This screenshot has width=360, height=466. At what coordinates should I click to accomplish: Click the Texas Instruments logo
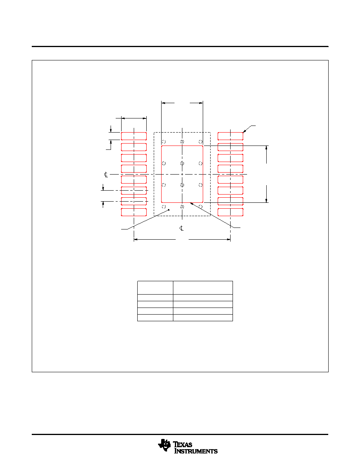click(x=188, y=447)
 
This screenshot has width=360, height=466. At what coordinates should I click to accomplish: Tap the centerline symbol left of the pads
click(x=106, y=175)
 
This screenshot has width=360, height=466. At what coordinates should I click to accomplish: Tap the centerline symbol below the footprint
click(x=182, y=228)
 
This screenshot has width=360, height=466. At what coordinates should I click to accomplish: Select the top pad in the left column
click(x=134, y=136)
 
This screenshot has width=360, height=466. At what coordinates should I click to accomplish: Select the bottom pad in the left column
click(x=134, y=212)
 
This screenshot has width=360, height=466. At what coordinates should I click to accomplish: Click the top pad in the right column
click(x=230, y=136)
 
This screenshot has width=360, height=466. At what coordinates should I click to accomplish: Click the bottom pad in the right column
click(x=230, y=212)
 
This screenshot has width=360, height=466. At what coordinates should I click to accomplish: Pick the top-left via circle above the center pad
click(x=164, y=142)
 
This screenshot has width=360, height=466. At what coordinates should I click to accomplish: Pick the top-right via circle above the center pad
click(x=200, y=142)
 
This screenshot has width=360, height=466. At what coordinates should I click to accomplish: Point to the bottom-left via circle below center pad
click(x=164, y=207)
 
